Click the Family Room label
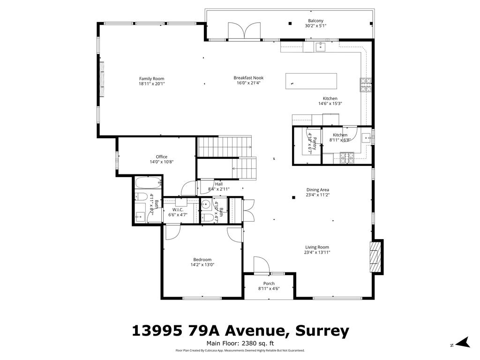[x=151, y=79]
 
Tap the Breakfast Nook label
[x=248, y=78]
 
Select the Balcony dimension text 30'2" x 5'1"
[x=315, y=26]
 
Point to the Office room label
[x=161, y=157]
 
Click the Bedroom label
[x=202, y=260]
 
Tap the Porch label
[x=269, y=284]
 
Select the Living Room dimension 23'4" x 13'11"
[x=317, y=252]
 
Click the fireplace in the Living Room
[x=375, y=256]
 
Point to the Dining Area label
[x=317, y=190]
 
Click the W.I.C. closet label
[x=177, y=210]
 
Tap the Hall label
[x=218, y=184]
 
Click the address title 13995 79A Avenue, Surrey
[x=240, y=331]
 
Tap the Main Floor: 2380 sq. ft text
[x=240, y=344]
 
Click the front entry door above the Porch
[x=261, y=265]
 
